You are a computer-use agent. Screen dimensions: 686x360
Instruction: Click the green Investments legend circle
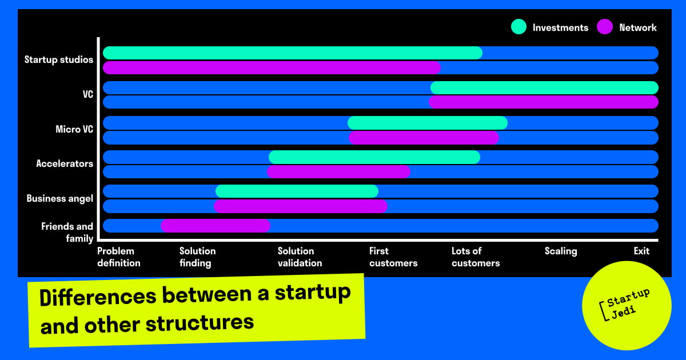519,27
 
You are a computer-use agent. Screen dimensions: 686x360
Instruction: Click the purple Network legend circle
605,27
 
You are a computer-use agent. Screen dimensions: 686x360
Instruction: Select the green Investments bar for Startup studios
293,53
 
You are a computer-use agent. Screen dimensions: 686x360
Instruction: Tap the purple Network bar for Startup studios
272,67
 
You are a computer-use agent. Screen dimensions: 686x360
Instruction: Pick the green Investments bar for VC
544,88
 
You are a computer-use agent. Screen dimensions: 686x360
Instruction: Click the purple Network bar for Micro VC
424,138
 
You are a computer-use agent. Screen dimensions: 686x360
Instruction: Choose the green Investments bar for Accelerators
374,157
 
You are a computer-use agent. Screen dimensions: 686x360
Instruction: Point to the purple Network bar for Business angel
301,206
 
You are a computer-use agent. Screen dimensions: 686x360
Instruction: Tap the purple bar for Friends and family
216,226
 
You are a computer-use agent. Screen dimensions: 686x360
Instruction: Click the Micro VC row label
74,129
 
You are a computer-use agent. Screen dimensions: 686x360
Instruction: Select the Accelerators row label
65,163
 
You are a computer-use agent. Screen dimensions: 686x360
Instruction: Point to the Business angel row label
59,199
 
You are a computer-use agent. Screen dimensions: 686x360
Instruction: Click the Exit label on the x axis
641,251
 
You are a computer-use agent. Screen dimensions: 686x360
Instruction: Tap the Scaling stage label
561,251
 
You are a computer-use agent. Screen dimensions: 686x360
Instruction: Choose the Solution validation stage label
300,257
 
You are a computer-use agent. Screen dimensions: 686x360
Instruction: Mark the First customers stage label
393,257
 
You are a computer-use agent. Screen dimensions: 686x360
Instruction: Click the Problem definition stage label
119,257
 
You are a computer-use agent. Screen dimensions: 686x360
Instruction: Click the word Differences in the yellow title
98,297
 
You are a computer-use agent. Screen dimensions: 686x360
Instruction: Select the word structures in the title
200,323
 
